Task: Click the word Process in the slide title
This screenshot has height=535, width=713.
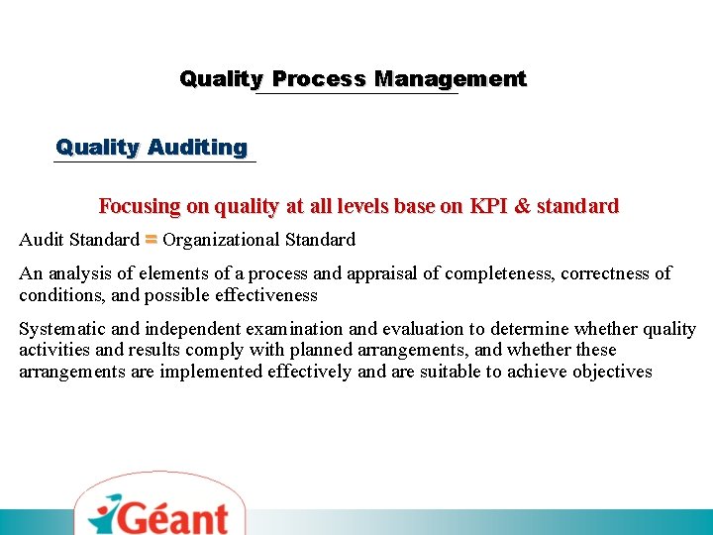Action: pyautogui.click(x=319, y=79)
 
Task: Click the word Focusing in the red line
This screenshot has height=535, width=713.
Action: pyautogui.click(x=140, y=207)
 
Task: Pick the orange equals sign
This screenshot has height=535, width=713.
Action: pyautogui.click(x=151, y=239)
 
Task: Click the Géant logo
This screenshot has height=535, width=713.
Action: pyautogui.click(x=158, y=513)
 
